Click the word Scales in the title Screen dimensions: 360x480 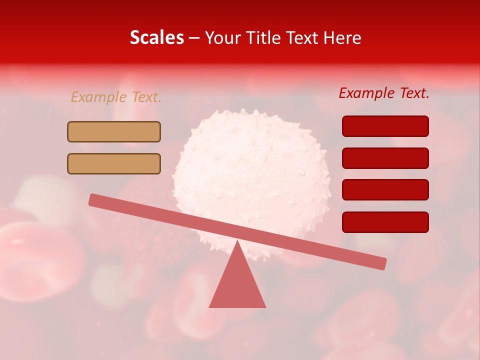[156, 38]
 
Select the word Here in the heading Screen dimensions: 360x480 [343, 38]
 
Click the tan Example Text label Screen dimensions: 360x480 [116, 97]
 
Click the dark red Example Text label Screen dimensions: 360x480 [384, 93]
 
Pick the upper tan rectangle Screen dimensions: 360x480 [114, 131]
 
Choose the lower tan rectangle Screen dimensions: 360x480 [114, 163]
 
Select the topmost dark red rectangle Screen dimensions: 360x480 [385, 126]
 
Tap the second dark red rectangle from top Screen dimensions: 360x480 [385, 158]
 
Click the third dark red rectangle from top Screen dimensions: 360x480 [385, 190]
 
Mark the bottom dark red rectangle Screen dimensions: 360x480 [385, 222]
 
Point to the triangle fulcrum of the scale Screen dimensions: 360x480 [237, 285]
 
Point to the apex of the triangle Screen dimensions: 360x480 [237, 242]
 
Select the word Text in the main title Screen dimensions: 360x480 [305, 38]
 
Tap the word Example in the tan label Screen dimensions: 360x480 [98, 97]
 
